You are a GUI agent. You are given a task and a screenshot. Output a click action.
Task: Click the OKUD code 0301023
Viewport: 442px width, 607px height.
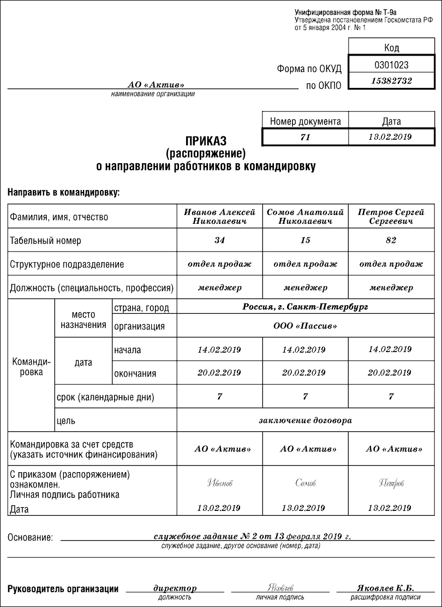pos(391,64)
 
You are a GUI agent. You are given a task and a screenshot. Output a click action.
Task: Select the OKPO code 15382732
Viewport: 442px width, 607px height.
pos(391,81)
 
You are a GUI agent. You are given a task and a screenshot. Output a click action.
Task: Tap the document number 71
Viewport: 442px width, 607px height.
pos(305,137)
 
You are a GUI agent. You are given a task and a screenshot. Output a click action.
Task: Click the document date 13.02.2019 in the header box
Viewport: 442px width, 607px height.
pos(390,137)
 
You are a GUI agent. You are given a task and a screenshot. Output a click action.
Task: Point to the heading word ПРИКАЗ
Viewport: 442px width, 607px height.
pos(205,140)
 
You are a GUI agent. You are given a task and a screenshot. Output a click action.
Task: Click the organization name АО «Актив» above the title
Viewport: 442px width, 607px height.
pos(156,85)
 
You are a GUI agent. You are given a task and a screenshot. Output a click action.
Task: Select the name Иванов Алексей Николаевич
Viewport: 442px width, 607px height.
pos(219,217)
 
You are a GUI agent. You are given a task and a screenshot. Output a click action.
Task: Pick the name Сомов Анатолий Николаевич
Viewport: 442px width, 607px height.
pos(305,217)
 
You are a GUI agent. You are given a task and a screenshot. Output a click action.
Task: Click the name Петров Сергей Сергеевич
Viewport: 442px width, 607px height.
pos(391,217)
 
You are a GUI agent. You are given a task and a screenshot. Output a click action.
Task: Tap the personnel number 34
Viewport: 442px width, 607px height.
pos(219,240)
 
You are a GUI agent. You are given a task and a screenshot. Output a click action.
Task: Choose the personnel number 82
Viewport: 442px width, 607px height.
pos(391,240)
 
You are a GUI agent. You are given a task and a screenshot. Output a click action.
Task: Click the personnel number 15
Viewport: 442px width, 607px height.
pos(305,240)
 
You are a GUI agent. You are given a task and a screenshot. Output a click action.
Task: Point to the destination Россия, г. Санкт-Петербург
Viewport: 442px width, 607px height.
pos(305,307)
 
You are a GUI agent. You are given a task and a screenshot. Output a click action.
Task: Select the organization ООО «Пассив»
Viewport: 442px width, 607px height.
pos(305,326)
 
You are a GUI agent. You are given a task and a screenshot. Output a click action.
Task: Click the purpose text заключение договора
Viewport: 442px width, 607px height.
pos(305,420)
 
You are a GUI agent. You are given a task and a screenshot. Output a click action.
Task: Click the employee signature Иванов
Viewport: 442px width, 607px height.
pos(219,483)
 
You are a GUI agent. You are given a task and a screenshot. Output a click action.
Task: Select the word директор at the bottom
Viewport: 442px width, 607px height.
pos(175,588)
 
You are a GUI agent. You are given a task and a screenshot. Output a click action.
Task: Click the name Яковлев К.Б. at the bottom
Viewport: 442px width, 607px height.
pos(385,588)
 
